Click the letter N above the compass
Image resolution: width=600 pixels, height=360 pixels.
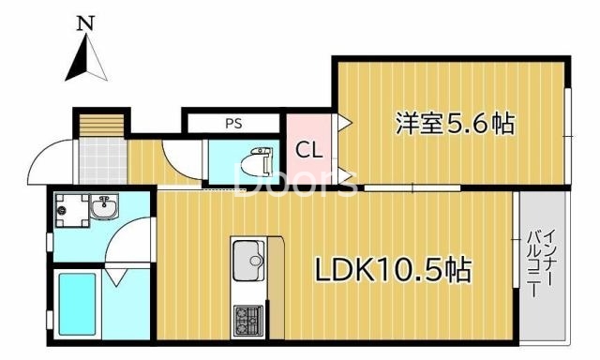click(x=85, y=22)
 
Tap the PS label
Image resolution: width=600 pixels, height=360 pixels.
click(x=232, y=123)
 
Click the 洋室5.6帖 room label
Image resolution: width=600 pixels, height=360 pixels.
click(x=455, y=123)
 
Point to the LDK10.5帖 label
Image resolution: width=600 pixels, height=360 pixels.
click(x=392, y=271)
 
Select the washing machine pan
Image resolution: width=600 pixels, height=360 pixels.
click(x=67, y=211)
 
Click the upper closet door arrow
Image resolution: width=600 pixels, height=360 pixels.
click(x=343, y=122)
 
